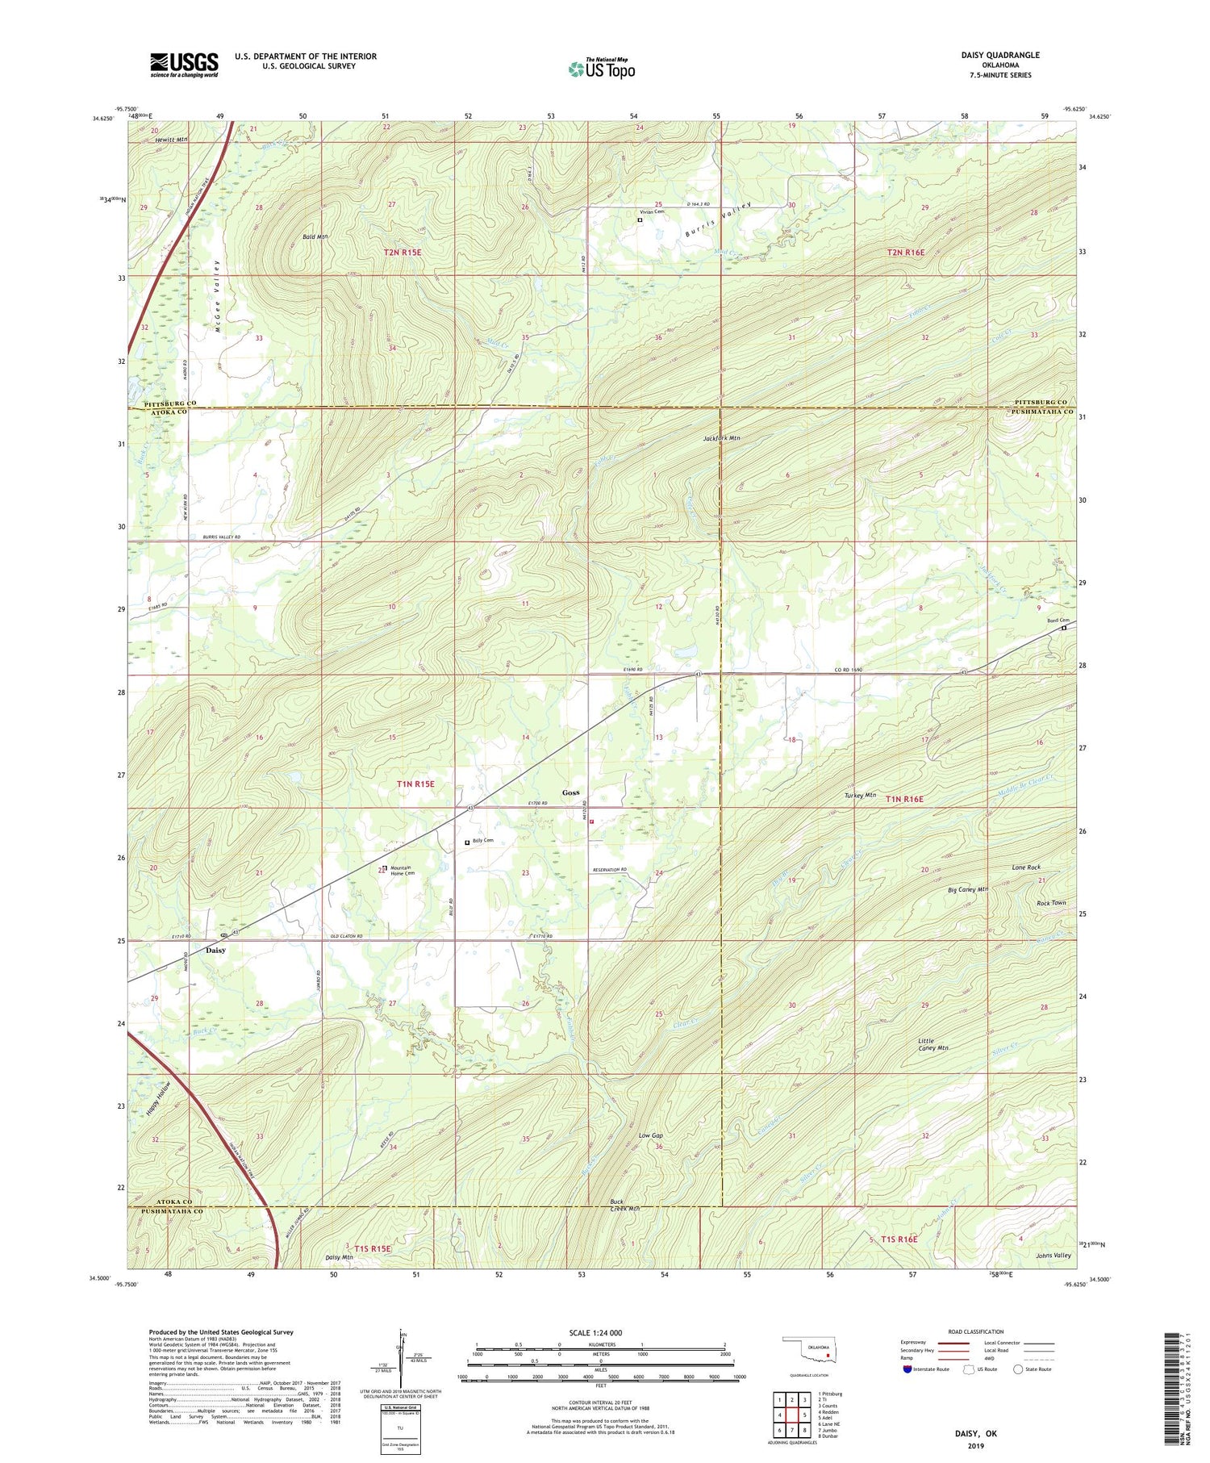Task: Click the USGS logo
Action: click(184, 65)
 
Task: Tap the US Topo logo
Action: click(601, 69)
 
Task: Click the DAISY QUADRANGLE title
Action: click(999, 55)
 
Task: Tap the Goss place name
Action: click(570, 792)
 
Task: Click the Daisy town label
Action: click(215, 950)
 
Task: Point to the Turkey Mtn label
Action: click(859, 795)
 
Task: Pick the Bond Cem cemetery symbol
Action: click(1063, 628)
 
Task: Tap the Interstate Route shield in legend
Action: click(908, 1369)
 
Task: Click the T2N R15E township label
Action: click(402, 253)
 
